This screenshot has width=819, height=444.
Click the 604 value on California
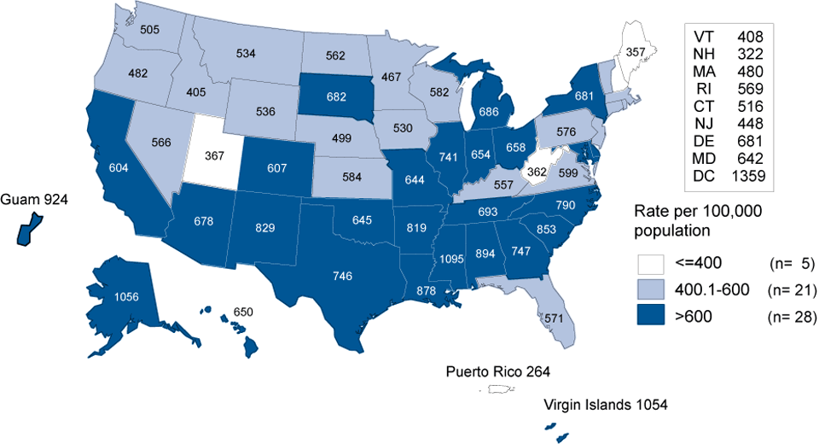pos(119,169)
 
